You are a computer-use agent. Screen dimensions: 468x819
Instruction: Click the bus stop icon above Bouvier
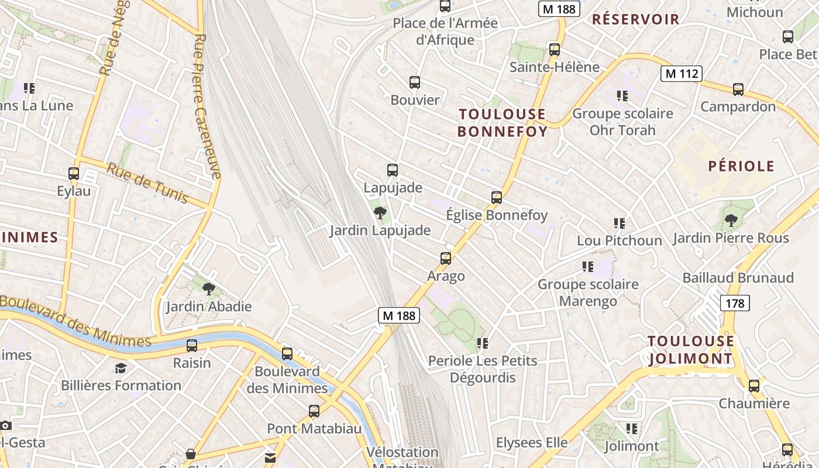(415, 82)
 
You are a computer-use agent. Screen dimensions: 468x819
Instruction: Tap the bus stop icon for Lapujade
(393, 170)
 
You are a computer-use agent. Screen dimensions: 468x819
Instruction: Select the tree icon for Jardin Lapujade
(380, 213)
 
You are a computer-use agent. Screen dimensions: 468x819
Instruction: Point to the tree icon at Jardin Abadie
(208, 288)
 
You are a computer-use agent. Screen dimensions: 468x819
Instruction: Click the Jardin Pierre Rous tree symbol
(731, 221)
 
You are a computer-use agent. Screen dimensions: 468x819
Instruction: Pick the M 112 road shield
(681, 74)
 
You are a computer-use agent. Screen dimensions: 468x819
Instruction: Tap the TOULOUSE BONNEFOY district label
(502, 123)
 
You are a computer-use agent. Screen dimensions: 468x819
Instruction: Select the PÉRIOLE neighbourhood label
(741, 166)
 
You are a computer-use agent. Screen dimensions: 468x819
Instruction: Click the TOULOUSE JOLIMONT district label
(690, 350)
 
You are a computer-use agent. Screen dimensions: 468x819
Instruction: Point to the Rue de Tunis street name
(147, 183)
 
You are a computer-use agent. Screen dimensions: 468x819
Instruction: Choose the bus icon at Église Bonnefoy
(497, 198)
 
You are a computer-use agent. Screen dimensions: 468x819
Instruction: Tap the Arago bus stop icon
(446, 258)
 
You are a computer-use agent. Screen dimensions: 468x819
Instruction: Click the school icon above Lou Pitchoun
(620, 223)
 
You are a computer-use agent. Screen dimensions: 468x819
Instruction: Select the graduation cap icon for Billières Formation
(121, 368)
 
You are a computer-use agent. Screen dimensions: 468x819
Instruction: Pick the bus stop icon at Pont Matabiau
(314, 411)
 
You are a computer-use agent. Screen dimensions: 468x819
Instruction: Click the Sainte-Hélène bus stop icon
(555, 49)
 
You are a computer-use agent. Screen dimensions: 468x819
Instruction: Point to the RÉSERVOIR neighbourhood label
(635, 19)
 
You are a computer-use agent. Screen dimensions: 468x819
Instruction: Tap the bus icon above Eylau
(74, 174)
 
